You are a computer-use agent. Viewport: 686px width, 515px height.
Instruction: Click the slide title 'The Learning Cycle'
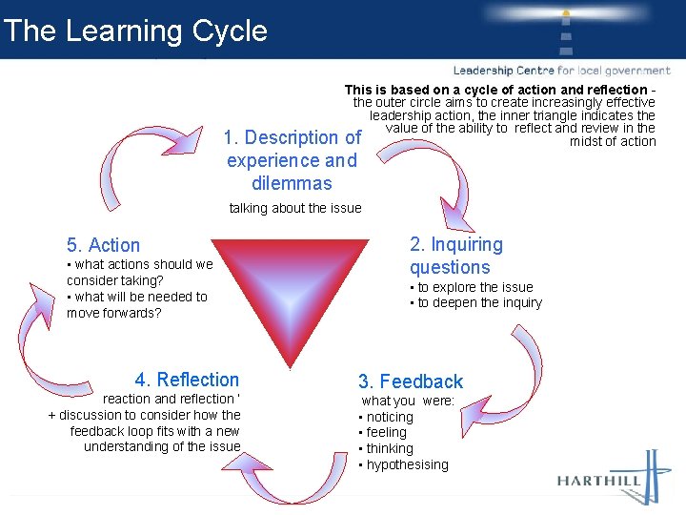pos(135,31)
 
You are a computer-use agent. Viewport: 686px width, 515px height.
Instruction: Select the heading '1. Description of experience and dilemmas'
pos(293,160)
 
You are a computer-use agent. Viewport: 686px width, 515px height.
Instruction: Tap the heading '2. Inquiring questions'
pos(455,256)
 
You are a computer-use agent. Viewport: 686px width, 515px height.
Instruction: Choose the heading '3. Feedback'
pos(410,381)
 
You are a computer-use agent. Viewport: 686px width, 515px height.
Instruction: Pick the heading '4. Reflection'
pos(187,380)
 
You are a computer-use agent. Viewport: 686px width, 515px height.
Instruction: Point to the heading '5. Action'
pos(103,245)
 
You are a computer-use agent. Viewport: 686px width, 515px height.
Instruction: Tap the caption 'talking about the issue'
pos(295,208)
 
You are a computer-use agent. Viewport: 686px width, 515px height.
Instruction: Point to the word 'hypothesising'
pos(407,464)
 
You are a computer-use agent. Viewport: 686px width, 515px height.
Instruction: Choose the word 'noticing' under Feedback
pos(390,417)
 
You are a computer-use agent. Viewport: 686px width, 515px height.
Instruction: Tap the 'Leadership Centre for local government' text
pos(561,71)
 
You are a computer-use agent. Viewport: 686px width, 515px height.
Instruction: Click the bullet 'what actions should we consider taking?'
pos(139,272)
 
